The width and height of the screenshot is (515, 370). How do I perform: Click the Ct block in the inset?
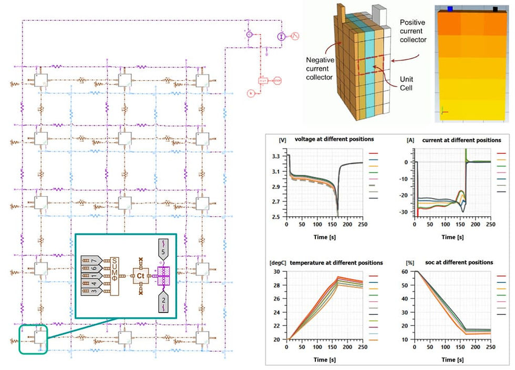[x=141, y=275]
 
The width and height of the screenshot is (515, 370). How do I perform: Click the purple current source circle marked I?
[x=282, y=36]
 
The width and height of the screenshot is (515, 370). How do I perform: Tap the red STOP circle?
[x=279, y=81]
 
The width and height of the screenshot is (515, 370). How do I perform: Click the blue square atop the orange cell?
[x=450, y=8]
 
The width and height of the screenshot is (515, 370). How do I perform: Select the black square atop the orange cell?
[x=495, y=8]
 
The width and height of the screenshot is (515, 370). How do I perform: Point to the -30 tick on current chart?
[x=405, y=212]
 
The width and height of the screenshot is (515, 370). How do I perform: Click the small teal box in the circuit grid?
[x=34, y=339]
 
